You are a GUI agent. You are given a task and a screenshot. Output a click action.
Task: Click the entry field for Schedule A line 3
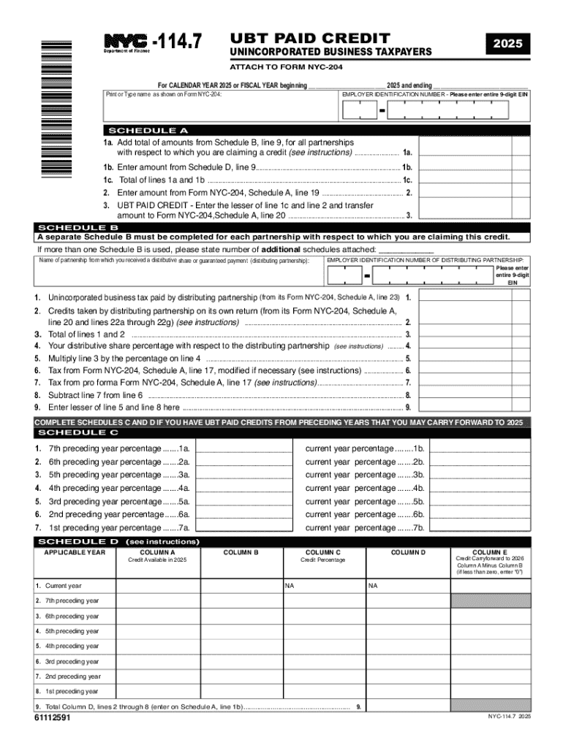coord(464,210)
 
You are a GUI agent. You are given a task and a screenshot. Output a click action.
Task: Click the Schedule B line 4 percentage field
coord(464,346)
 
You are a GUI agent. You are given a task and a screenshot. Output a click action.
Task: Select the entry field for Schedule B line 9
coord(464,407)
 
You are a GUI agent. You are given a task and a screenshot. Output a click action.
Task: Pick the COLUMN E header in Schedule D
coord(490,552)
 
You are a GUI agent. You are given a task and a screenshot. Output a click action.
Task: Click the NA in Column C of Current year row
coord(290,586)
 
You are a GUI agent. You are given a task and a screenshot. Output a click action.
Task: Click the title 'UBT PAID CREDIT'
coord(310,37)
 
